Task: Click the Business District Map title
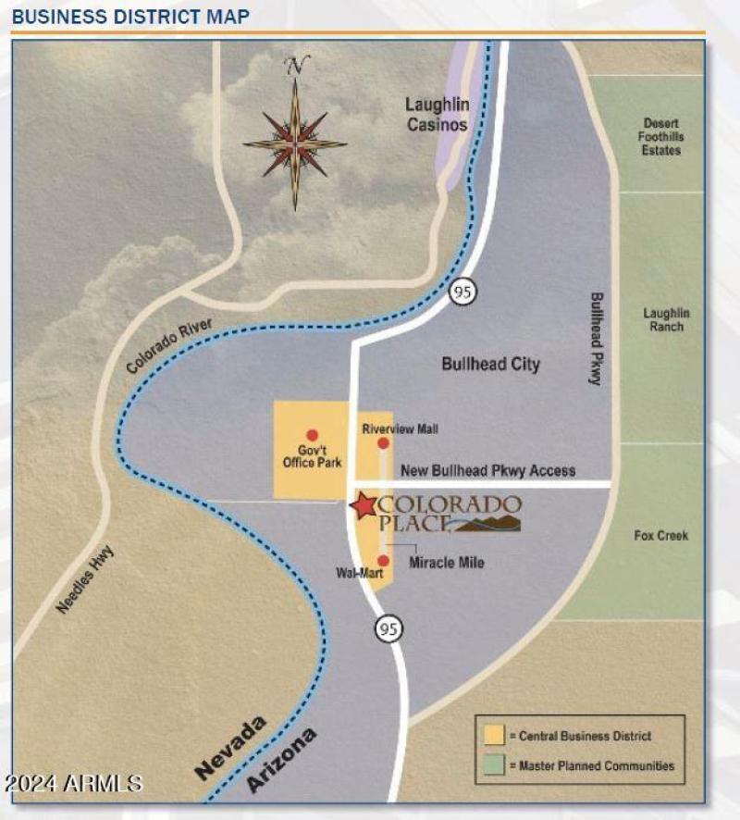tap(130, 17)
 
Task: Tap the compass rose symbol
tap(295, 143)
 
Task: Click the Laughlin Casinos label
tap(438, 115)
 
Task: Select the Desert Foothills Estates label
tap(661, 136)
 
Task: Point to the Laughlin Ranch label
tap(666, 319)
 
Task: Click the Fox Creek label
tap(660, 535)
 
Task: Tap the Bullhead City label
tap(490, 364)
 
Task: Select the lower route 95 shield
tap(389, 628)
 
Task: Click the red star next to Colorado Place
tap(364, 505)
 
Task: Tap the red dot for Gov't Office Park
tap(312, 435)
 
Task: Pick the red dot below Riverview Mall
tap(383, 444)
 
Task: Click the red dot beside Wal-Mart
tap(383, 560)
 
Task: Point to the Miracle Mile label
tap(447, 563)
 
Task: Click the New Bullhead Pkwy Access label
tap(487, 470)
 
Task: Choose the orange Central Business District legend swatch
tap(495, 736)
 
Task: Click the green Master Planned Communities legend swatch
tap(495, 765)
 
